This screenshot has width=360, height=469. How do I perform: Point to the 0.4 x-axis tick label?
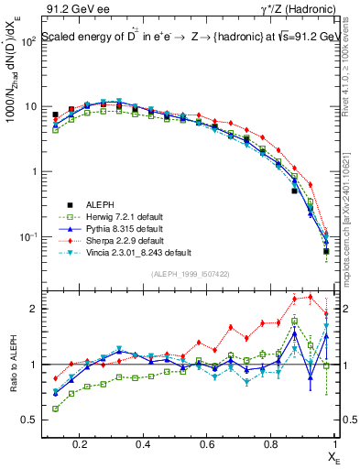143,443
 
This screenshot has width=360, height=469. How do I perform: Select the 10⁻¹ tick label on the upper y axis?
27,236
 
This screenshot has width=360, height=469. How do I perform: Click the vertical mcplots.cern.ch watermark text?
351,209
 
